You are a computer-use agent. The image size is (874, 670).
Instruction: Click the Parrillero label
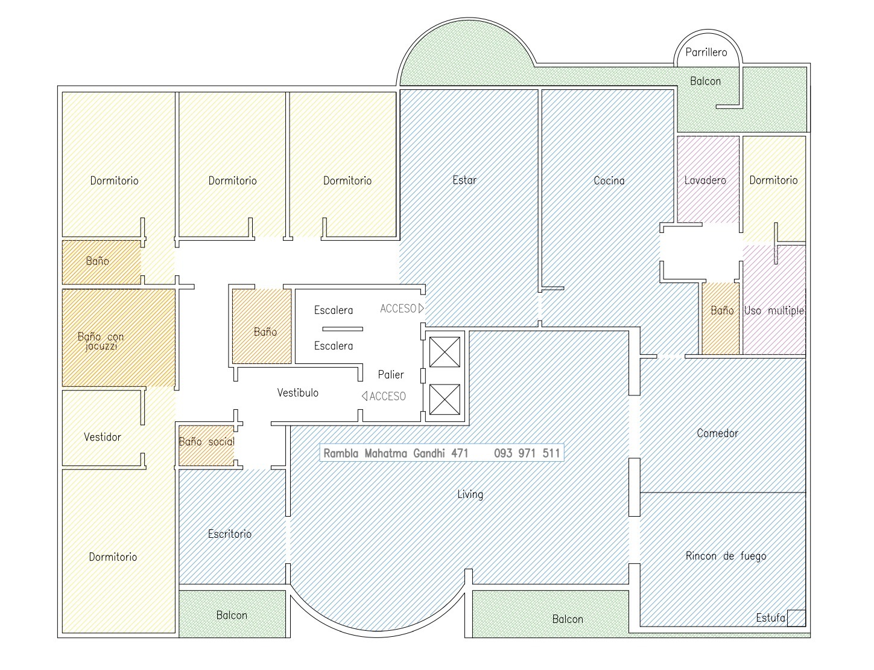pyautogui.click(x=706, y=53)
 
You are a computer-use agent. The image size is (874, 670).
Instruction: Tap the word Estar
pyautogui.click(x=464, y=180)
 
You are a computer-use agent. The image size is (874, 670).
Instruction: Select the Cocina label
pyautogui.click(x=609, y=180)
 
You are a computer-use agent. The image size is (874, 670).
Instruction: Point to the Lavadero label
pyautogui.click(x=705, y=180)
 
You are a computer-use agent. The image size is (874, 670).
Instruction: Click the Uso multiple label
pyautogui.click(x=774, y=310)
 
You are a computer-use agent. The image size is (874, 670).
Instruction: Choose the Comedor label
pyautogui.click(x=718, y=433)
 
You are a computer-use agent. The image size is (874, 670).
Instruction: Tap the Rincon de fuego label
pyautogui.click(x=726, y=556)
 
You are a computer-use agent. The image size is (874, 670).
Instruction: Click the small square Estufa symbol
pyautogui.click(x=796, y=618)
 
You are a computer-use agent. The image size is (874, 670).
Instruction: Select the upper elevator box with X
pyautogui.click(x=445, y=352)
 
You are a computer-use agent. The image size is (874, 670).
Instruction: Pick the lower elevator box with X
pyautogui.click(x=445, y=400)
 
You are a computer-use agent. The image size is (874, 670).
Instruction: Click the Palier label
pyautogui.click(x=391, y=375)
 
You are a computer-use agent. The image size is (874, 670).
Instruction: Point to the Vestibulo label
pyautogui.click(x=297, y=393)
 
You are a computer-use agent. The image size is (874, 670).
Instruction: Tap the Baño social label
pyautogui.click(x=207, y=441)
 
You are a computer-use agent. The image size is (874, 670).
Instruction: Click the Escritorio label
pyautogui.click(x=230, y=534)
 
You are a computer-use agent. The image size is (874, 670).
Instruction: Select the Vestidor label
pyautogui.click(x=102, y=437)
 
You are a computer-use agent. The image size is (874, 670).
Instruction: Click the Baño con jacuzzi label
pyautogui.click(x=101, y=341)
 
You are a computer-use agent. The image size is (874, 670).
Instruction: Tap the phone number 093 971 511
pyautogui.click(x=527, y=453)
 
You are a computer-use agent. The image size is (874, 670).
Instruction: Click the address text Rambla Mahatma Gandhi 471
pyautogui.click(x=396, y=453)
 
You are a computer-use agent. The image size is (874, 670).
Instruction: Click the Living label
pyautogui.click(x=470, y=494)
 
